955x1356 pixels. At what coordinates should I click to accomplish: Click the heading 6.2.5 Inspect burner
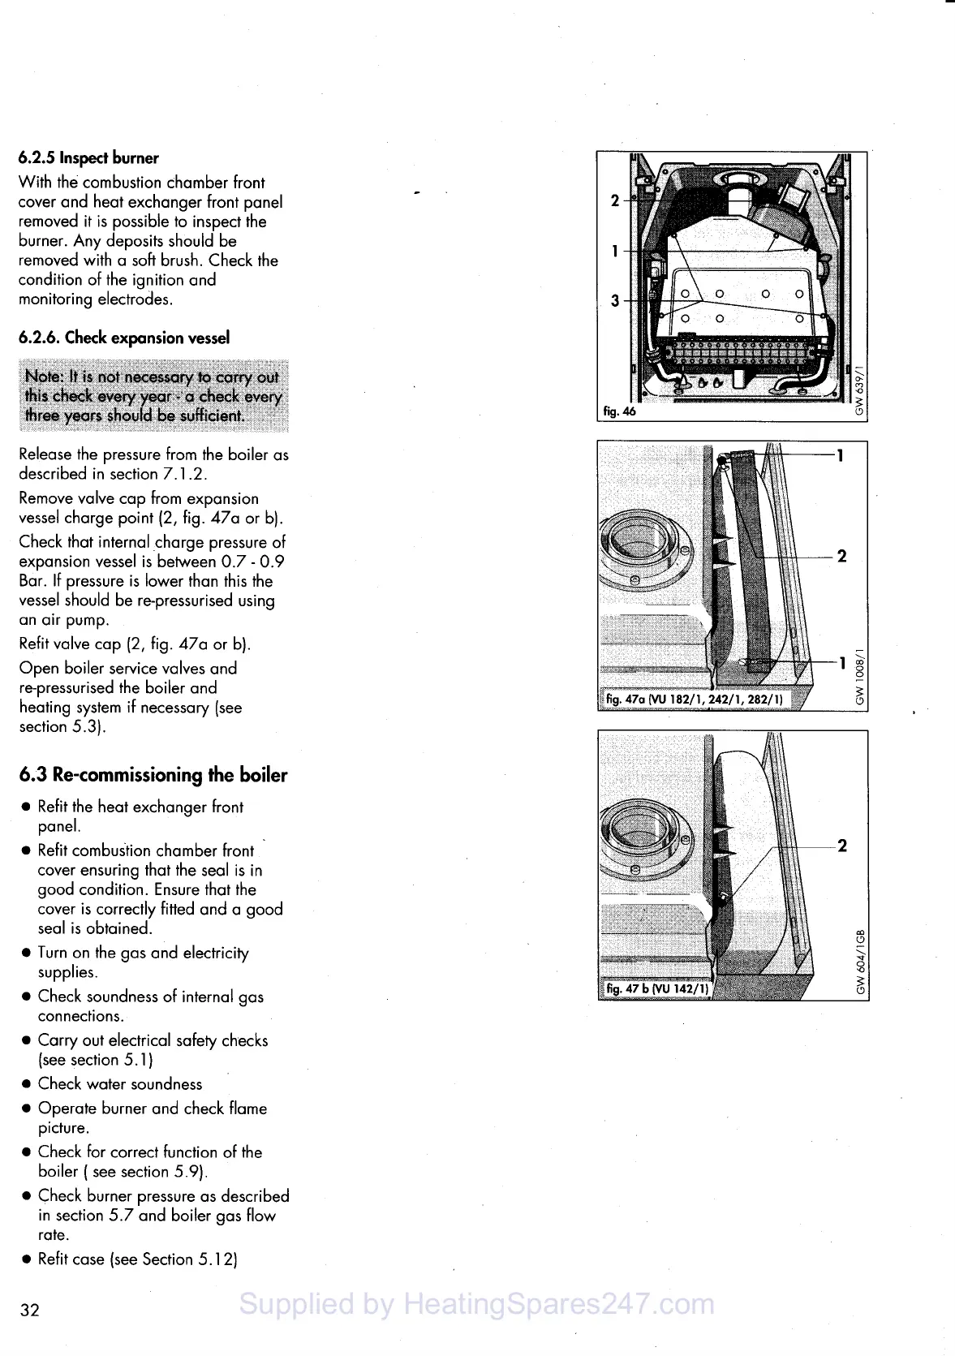pos(88,158)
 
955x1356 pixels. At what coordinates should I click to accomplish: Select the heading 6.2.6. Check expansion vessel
pos(123,338)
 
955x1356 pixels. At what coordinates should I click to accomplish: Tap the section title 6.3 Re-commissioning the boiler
pos(153,775)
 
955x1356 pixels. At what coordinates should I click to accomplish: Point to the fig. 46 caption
pos(620,411)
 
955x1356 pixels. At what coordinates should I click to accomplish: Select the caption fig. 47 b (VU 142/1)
pos(657,988)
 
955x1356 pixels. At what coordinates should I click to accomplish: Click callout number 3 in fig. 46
pos(615,301)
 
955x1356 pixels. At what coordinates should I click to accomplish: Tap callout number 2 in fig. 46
pos(615,200)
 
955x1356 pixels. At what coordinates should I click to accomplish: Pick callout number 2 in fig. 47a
pos(841,556)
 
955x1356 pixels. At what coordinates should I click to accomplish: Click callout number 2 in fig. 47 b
pos(842,846)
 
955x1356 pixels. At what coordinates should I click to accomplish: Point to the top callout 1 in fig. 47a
pos(841,455)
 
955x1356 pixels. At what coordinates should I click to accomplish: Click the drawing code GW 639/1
pos(860,390)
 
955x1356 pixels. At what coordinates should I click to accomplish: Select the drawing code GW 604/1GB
pos(861,961)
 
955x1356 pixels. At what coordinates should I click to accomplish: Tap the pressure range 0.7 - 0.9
pos(253,562)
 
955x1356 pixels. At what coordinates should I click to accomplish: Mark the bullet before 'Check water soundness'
pos(27,1084)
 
